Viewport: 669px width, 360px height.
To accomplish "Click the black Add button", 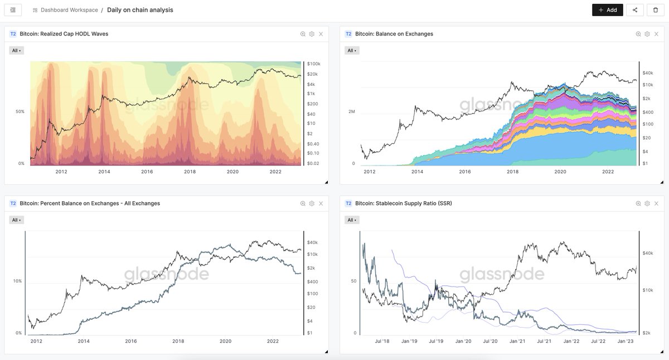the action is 608,10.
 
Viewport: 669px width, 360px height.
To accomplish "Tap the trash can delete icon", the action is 656,10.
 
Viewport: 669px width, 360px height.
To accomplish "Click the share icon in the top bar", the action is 635,10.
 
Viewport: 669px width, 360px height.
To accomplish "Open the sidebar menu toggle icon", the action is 13,10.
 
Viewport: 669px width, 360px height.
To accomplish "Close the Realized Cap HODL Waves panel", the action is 321,34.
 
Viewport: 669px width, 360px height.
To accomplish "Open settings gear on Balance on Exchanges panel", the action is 647,34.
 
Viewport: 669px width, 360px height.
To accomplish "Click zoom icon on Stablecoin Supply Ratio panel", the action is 638,203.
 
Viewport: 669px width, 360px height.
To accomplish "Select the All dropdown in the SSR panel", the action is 352,220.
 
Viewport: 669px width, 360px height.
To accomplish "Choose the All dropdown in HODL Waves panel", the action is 16,51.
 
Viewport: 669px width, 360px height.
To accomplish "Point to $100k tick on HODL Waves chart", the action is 313,64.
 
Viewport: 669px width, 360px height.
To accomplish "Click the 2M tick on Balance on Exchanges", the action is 352,111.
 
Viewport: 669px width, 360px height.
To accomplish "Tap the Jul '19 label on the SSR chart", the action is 436,341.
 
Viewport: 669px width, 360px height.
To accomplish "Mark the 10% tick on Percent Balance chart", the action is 17,281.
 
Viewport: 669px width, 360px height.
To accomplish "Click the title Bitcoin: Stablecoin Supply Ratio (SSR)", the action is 404,203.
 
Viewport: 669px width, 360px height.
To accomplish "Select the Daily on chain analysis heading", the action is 140,10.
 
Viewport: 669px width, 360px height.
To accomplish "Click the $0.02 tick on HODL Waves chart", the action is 313,163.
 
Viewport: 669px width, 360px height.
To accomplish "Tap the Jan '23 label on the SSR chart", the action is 626,341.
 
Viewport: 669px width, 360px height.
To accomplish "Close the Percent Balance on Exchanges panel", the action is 321,203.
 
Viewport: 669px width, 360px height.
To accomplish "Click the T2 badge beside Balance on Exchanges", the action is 348,34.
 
